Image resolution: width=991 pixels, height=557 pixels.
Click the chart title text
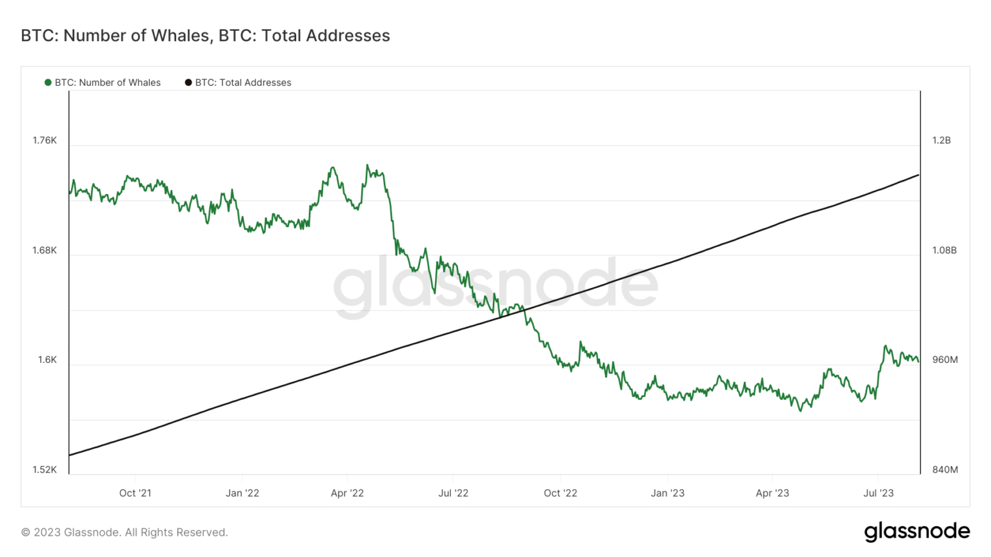(205, 35)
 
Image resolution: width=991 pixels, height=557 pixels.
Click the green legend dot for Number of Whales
(48, 83)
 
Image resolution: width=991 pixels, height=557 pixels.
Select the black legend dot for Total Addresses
(188, 83)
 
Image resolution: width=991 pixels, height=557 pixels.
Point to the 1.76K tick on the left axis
(45, 141)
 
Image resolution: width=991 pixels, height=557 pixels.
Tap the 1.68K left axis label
(45, 250)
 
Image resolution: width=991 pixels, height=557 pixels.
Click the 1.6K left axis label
(47, 360)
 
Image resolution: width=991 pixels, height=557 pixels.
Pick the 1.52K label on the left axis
(45, 469)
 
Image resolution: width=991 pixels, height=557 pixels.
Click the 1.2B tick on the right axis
(941, 141)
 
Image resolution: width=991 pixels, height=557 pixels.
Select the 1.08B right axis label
(944, 250)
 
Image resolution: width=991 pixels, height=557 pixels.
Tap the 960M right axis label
(945, 360)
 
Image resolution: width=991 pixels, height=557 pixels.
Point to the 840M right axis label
(945, 469)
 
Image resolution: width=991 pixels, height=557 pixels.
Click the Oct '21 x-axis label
(135, 493)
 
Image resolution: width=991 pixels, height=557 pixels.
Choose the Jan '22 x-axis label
(242, 493)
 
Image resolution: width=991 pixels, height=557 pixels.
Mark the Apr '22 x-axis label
(347, 493)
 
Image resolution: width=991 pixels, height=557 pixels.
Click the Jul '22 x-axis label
(453, 493)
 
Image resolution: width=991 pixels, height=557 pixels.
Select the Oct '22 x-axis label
(560, 493)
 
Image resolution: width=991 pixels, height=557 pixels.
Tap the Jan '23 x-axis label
(667, 493)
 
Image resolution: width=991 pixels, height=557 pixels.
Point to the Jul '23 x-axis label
(878, 493)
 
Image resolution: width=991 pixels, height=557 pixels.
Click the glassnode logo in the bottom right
(917, 532)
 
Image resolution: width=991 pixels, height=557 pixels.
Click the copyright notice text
(125, 533)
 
